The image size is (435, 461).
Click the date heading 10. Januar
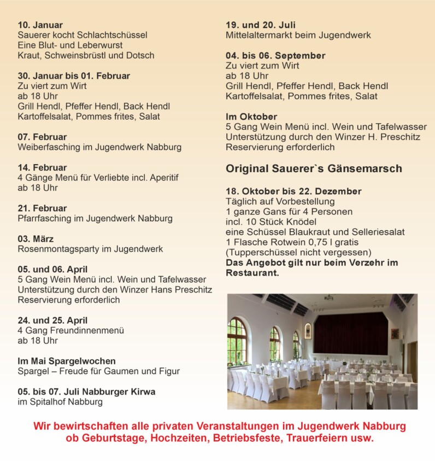point(40,25)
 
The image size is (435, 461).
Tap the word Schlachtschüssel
point(113,35)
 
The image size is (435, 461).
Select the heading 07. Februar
point(42,137)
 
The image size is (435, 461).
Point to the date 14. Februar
point(42,167)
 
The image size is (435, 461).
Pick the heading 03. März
point(36,239)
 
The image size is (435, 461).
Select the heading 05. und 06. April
point(52,269)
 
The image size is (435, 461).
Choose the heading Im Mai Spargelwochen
point(66,361)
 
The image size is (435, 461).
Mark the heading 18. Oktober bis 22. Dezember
point(293,191)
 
